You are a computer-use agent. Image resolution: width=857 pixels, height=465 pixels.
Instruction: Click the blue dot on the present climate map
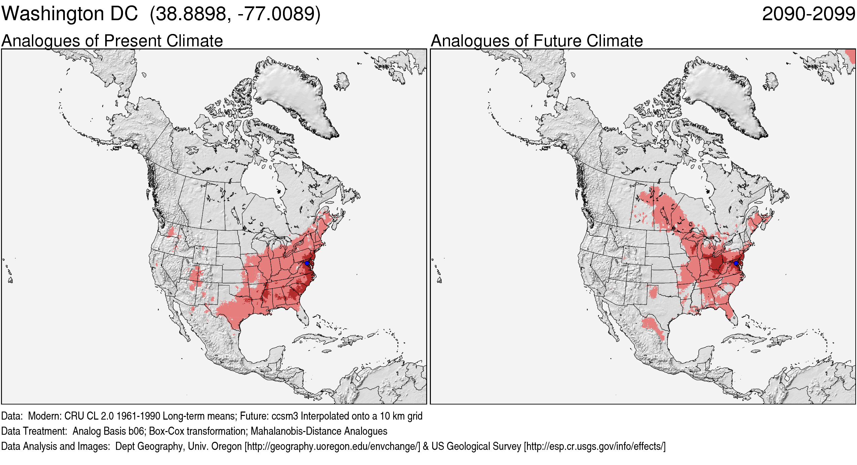click(x=307, y=263)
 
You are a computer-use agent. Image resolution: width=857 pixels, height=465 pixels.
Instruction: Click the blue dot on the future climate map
click(x=736, y=263)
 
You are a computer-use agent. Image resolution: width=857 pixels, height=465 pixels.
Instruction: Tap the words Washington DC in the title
click(x=70, y=14)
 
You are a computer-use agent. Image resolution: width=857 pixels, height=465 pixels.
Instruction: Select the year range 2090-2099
click(x=808, y=14)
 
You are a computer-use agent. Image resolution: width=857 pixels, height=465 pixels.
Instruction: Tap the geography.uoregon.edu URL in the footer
click(x=332, y=446)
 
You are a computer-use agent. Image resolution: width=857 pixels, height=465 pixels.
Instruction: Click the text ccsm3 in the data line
click(x=285, y=416)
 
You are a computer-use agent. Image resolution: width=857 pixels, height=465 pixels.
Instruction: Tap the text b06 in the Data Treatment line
click(x=137, y=431)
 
